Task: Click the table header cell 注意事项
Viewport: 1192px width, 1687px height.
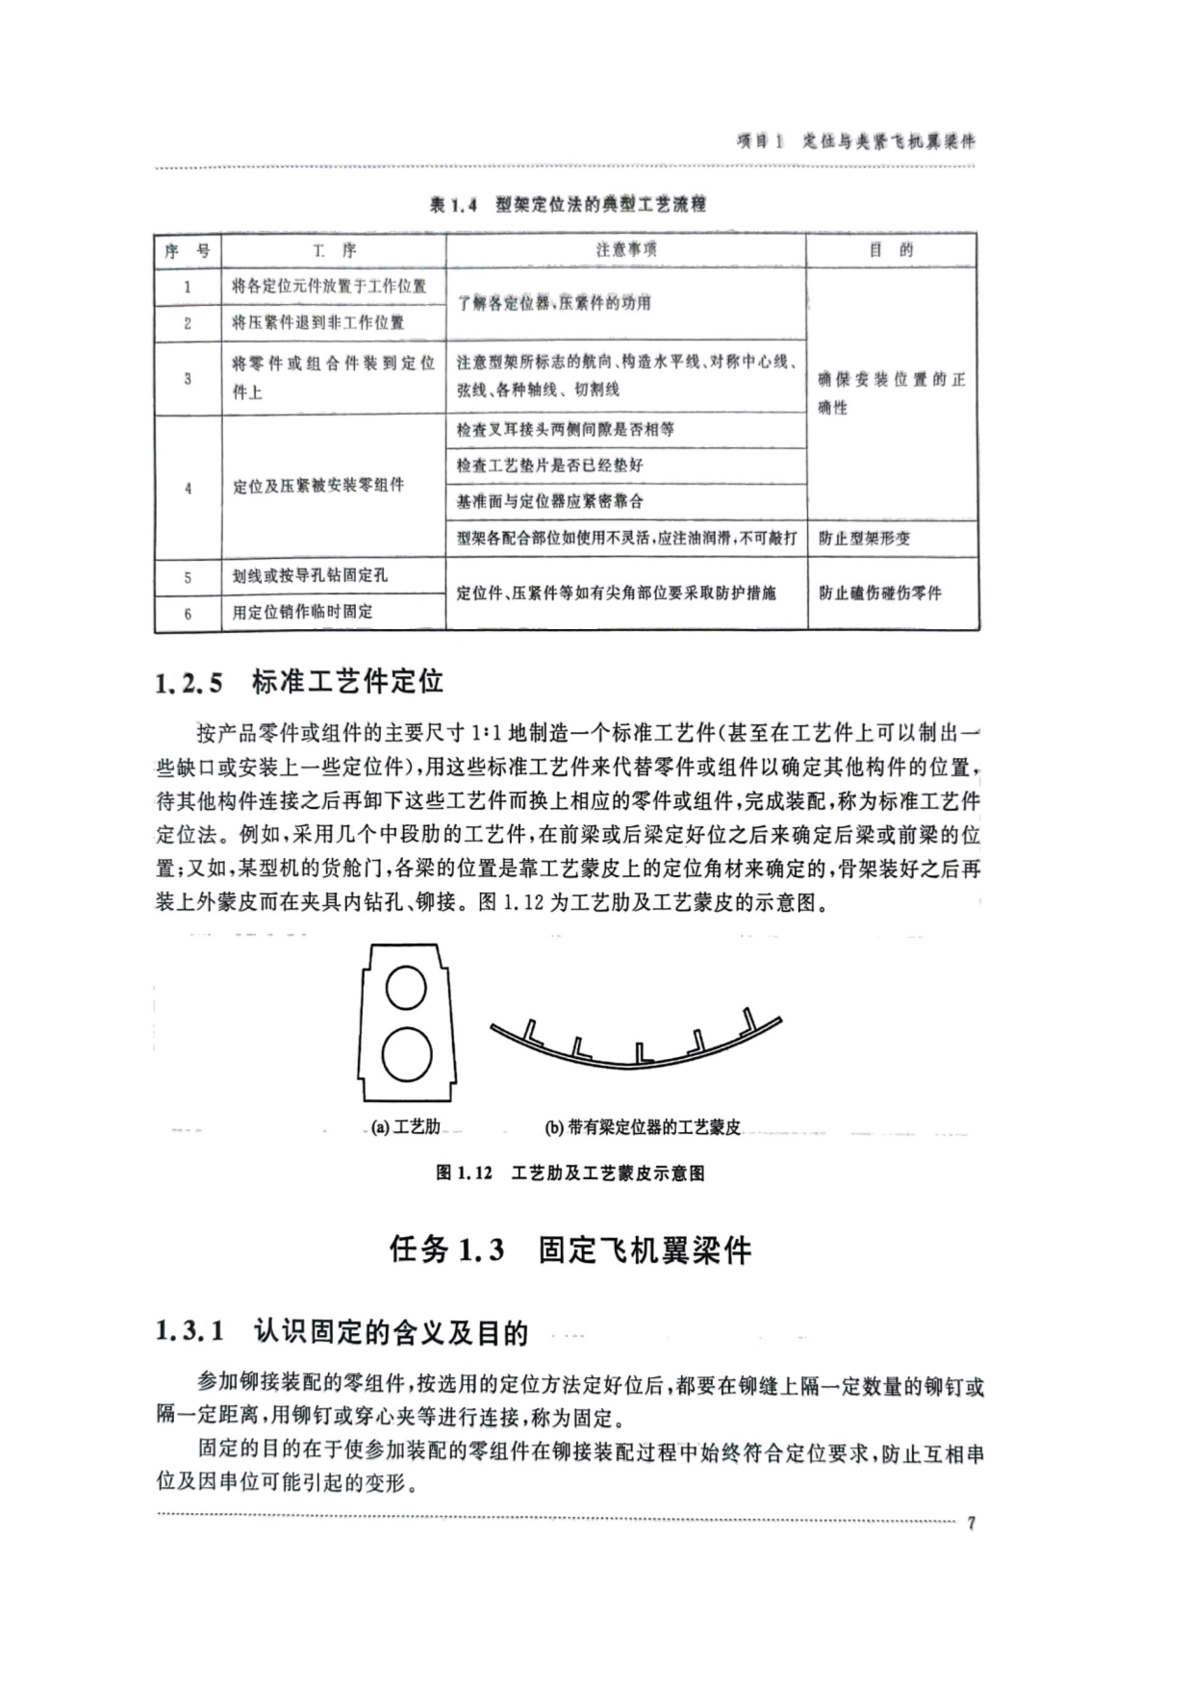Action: pyautogui.click(x=625, y=250)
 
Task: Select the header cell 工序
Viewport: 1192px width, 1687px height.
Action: pyautogui.click(x=334, y=250)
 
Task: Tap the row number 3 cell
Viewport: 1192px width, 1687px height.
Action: pyautogui.click(x=188, y=379)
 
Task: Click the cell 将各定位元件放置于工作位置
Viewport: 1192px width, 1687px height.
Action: pyautogui.click(x=329, y=287)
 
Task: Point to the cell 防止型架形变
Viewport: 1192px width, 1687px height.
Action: pyautogui.click(x=864, y=539)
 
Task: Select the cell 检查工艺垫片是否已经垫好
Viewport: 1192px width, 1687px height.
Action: pyautogui.click(x=549, y=466)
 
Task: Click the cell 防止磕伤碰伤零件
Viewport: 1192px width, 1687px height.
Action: pyautogui.click(x=879, y=593)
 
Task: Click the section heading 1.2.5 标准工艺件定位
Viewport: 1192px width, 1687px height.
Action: pyautogui.click(x=299, y=683)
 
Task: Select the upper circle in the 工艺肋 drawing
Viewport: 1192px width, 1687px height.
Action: pyautogui.click(x=405, y=988)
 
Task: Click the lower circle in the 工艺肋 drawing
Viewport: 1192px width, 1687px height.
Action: pyautogui.click(x=406, y=1056)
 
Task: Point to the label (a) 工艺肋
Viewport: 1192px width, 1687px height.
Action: pyautogui.click(x=405, y=1127)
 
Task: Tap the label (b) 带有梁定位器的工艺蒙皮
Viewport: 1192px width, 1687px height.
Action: pyautogui.click(x=643, y=1127)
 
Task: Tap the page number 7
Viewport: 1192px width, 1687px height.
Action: pyautogui.click(x=971, y=1523)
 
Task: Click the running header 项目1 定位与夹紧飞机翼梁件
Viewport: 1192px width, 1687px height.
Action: pyautogui.click(x=855, y=141)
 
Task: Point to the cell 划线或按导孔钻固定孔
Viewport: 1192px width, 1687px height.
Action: pyautogui.click(x=310, y=575)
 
